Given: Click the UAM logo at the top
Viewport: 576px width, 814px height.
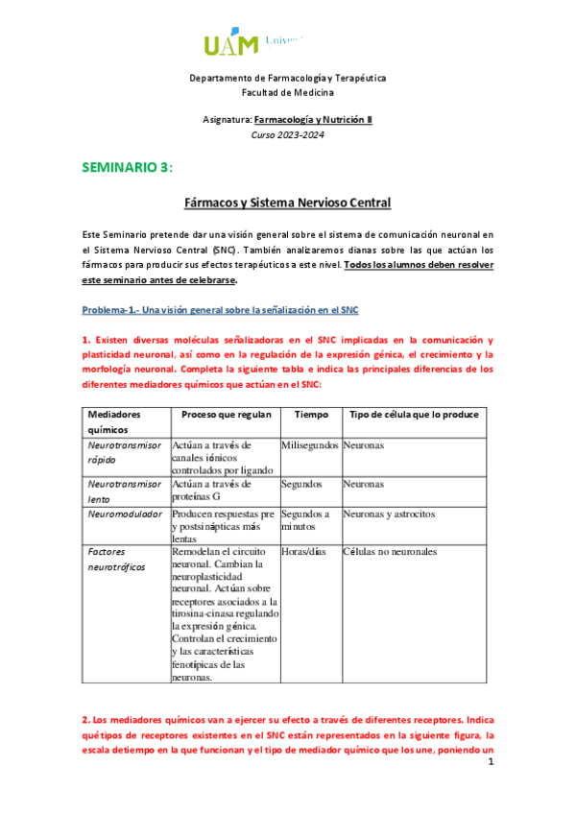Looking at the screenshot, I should point(254,43).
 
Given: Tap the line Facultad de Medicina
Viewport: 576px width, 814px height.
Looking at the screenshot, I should point(287,92).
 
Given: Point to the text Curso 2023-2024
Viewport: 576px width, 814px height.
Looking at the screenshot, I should point(287,134).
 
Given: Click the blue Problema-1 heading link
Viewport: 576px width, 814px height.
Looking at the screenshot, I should point(220,310).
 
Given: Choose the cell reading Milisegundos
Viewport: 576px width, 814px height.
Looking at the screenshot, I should point(310,446).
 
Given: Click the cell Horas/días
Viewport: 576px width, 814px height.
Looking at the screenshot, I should point(302,553).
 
